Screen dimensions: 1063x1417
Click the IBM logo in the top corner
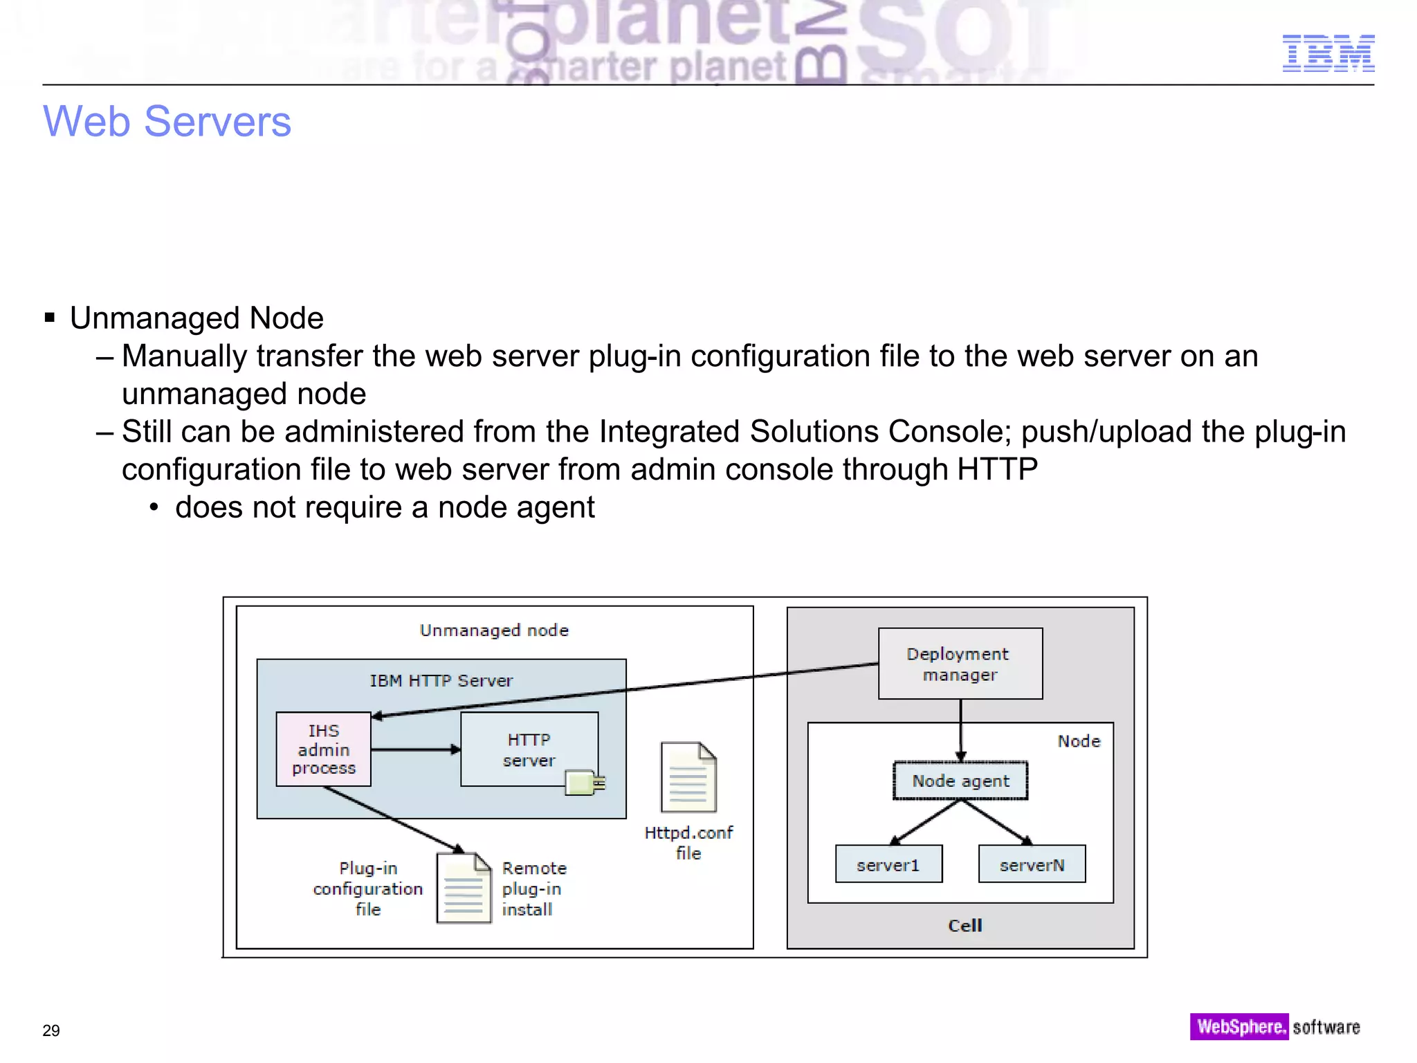(x=1328, y=53)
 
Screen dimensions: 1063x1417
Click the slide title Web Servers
(x=167, y=122)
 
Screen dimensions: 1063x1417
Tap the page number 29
(x=51, y=1030)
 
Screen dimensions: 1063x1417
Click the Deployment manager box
(x=960, y=664)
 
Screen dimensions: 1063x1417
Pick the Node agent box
(x=960, y=781)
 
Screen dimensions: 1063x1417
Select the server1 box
(x=888, y=864)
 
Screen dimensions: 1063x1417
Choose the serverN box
(x=1032, y=864)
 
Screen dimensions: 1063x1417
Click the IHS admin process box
(x=323, y=749)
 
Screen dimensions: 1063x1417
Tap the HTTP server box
(x=529, y=749)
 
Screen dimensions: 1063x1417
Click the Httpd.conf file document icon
(x=688, y=777)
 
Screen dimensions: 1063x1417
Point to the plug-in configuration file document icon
(x=464, y=889)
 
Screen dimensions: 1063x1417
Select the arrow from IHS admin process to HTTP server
(x=415, y=749)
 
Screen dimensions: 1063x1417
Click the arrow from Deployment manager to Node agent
(x=960, y=730)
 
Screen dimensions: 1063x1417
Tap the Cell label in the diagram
(x=965, y=925)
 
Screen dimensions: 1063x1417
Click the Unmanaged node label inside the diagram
(x=494, y=630)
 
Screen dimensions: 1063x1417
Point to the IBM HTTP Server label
(x=441, y=681)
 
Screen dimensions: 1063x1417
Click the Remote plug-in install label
(x=533, y=889)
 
